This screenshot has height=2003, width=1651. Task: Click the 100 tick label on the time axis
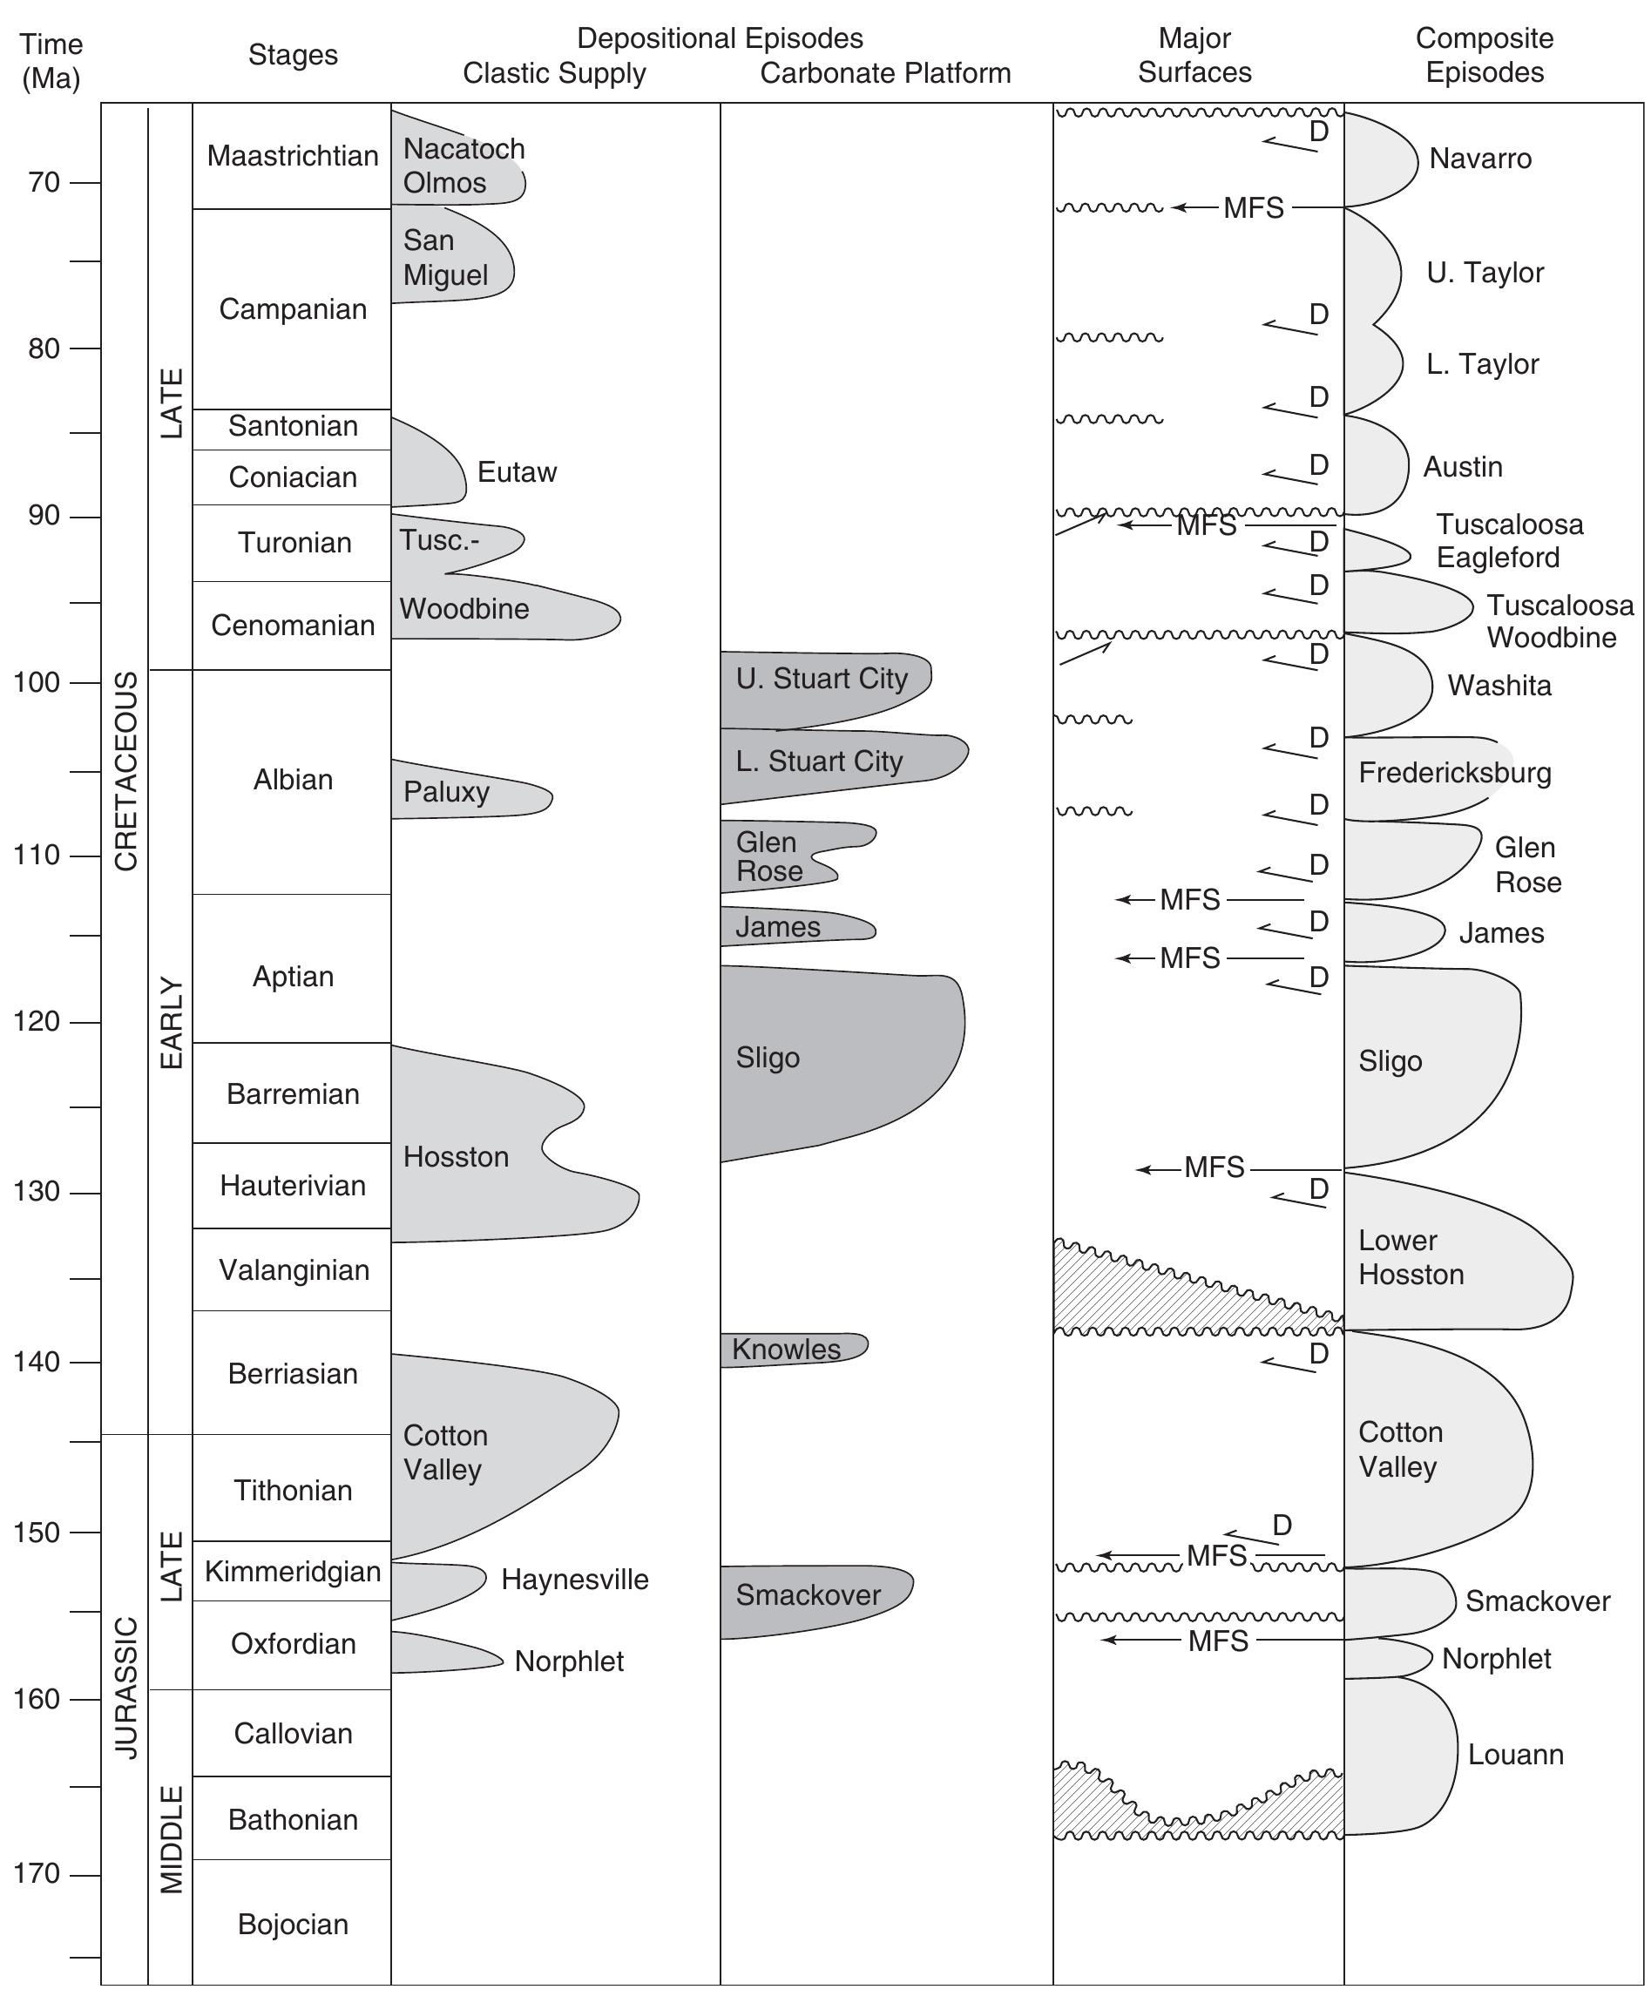coord(38,683)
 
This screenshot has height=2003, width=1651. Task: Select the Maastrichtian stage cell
coord(292,156)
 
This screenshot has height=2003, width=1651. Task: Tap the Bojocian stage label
coord(292,1923)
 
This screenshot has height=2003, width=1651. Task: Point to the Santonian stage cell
coord(292,426)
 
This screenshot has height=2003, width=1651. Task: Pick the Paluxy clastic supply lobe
coord(466,791)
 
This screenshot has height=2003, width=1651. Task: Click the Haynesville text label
coord(574,1579)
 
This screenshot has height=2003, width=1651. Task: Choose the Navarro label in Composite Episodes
coord(1480,159)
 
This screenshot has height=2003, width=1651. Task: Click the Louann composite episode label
coord(1515,1755)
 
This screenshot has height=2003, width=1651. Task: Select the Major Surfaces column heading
coord(1194,55)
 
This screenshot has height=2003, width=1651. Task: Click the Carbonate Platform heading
coord(884,73)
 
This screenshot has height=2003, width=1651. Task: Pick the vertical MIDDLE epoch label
coord(170,1840)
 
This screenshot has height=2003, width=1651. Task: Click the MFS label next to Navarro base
coord(1253,207)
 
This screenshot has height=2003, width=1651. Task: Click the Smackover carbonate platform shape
coord(809,1595)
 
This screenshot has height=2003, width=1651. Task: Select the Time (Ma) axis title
coord(51,61)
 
